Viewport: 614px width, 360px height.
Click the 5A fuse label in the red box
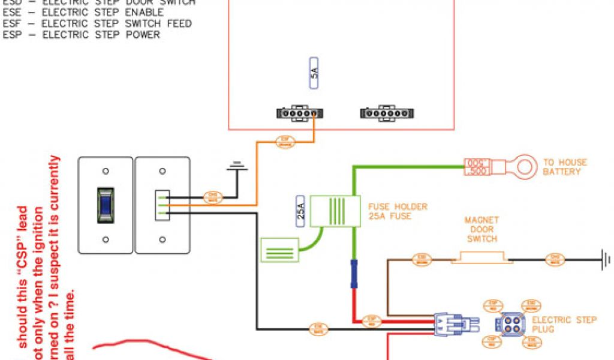pos(313,74)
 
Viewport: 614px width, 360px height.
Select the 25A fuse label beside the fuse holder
pos(301,211)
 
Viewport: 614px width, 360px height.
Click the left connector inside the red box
pos(299,113)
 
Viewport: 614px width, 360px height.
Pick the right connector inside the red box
pos(387,113)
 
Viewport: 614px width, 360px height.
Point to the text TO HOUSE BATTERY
pos(565,167)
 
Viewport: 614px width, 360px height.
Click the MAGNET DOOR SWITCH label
pos(481,230)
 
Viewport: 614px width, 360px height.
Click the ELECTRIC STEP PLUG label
pos(564,325)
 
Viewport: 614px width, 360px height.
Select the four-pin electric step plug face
pos(508,325)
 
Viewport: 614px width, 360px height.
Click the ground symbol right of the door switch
pos(606,260)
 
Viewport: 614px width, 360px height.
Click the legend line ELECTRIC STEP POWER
pos(81,35)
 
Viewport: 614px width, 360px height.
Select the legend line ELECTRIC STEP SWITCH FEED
pos(97,23)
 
